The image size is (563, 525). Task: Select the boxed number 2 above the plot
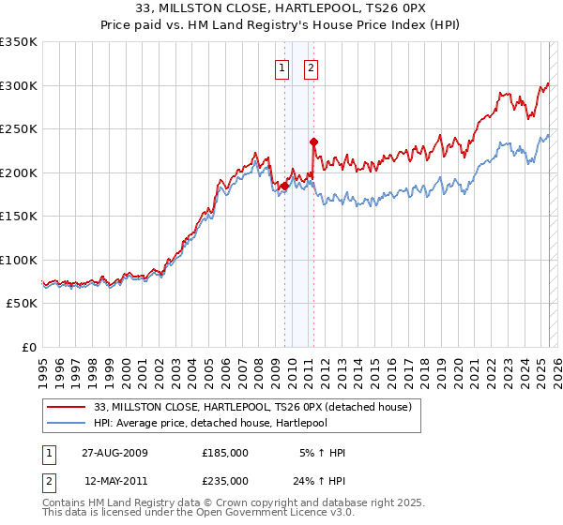311,67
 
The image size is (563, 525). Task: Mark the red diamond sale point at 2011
313,142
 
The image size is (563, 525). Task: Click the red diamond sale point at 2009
284,186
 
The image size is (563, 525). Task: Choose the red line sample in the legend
67,407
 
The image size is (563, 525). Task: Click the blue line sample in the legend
67,423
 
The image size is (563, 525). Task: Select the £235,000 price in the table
224,480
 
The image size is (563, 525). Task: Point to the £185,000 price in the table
224,453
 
